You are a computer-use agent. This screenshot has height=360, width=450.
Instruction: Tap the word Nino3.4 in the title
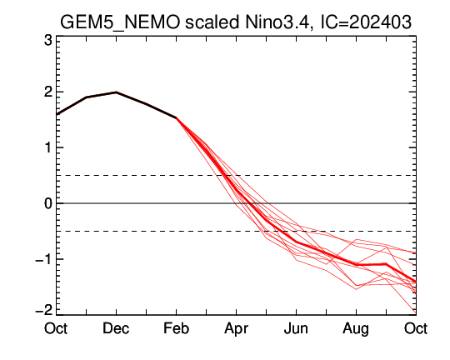pos(278,22)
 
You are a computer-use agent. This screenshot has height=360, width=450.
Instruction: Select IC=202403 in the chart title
pos(366,22)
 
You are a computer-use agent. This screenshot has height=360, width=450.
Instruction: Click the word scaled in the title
pos(212,22)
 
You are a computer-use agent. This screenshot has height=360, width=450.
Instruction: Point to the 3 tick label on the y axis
pos(48,41)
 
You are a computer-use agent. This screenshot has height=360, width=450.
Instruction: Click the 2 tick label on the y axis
pos(48,92)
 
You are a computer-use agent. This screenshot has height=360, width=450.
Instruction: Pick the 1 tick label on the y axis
pos(49,147)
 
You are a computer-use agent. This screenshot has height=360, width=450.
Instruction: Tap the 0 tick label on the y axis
pos(48,203)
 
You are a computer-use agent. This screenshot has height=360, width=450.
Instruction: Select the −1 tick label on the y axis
pos(44,259)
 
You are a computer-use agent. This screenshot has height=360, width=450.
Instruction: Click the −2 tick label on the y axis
pos(44,310)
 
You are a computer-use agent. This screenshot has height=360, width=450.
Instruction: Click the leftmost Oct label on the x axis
pos(56,328)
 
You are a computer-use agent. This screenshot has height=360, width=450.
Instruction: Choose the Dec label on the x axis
pos(116,328)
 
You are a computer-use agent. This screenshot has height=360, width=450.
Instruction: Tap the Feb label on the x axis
pos(176,328)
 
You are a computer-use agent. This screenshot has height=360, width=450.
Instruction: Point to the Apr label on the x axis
pos(236,329)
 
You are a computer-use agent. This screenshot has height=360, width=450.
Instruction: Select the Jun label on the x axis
pos(296,328)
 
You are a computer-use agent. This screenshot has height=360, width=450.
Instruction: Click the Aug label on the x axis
pos(356,329)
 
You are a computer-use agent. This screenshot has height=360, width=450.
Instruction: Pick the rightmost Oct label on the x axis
pos(416,328)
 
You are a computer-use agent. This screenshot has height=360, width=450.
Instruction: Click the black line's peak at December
pos(116,92)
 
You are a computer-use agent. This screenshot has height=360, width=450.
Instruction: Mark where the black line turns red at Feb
pos(176,117)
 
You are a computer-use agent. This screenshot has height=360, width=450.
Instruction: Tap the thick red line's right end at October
pos(416,282)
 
